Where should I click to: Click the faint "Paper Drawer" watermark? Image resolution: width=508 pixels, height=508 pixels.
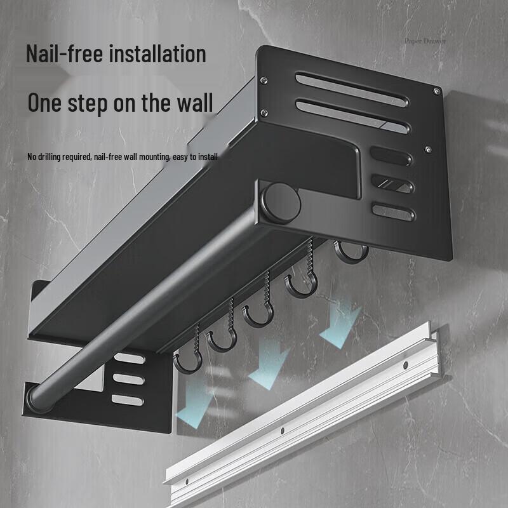tap(425, 41)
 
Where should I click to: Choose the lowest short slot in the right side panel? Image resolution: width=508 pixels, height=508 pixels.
tap(392, 211)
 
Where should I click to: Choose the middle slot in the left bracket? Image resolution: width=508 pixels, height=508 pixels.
tap(129, 379)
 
